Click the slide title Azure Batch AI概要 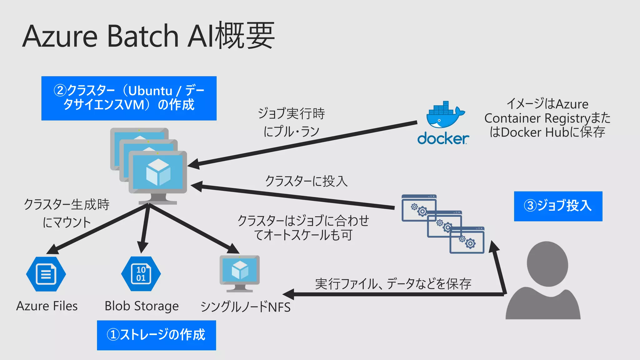(148, 36)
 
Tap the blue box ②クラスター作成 (129, 98)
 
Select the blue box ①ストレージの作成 (156, 335)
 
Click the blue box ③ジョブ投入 (558, 206)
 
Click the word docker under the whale (443, 138)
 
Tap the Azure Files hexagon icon (46, 274)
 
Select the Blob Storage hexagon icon (141, 274)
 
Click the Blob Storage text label (142, 306)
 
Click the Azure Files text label (47, 306)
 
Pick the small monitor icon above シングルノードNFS (240, 272)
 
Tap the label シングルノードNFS (245, 307)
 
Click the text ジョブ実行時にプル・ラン (291, 122)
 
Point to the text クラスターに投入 (306, 181)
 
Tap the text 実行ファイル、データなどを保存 (393, 284)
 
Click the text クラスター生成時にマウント (67, 213)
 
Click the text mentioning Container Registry (547, 118)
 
